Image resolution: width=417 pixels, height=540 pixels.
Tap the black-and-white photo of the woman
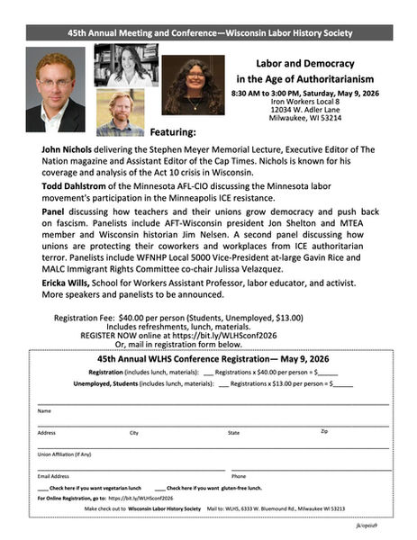point(127,65)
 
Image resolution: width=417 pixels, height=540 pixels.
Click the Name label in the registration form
point(44,410)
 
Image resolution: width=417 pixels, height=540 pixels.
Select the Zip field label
point(324,432)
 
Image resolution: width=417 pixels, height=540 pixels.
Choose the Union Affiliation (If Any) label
point(64,454)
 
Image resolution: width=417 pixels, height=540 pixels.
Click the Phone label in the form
point(239,475)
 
